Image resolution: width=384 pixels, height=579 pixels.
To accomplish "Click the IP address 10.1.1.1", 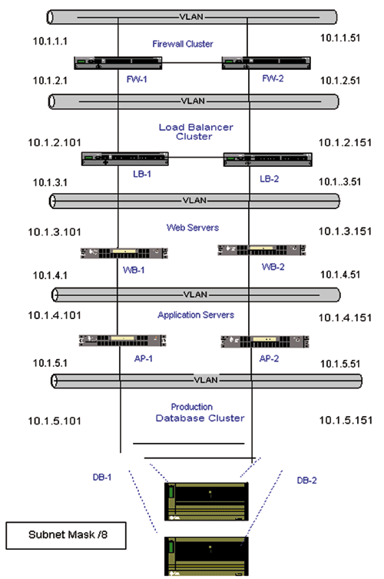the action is tap(50, 41).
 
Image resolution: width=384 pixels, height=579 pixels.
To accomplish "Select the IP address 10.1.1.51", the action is tap(340, 38).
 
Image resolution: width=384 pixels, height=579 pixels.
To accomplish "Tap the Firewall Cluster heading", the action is tap(183, 44).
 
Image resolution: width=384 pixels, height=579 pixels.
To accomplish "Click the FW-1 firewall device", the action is tap(118, 63).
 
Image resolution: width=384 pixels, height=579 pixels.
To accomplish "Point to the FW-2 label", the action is tap(273, 78).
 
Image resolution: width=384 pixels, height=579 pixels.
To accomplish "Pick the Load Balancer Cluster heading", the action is tap(196, 131).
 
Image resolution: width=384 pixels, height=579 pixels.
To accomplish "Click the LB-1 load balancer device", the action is tap(125, 158).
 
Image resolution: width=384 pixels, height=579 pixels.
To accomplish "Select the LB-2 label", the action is tap(270, 178).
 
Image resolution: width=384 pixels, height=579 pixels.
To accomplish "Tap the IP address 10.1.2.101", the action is tap(55, 142).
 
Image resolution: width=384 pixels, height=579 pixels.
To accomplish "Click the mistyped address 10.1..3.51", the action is tap(339, 181).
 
